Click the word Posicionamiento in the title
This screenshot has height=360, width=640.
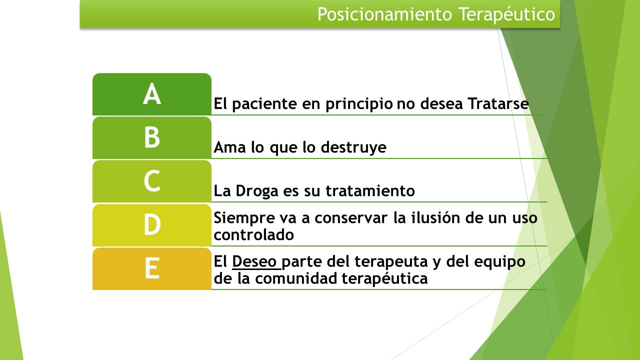[x=385, y=14]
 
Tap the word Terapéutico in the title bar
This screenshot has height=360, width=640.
[x=507, y=15]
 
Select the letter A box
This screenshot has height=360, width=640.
[x=152, y=94]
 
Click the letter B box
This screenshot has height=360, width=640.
[x=152, y=137]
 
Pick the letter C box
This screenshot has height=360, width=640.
[x=152, y=181]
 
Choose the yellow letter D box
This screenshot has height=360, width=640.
[x=152, y=225]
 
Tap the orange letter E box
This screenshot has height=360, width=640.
[x=152, y=269]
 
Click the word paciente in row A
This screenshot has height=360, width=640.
[x=264, y=104]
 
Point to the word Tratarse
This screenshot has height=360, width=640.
[x=498, y=103]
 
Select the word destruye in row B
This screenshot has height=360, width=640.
[x=353, y=147]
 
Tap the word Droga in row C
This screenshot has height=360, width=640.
[x=257, y=191]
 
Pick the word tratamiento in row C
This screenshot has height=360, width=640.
[x=370, y=190]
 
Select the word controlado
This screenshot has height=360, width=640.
[x=253, y=234]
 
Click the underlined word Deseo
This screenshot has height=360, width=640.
[x=254, y=261]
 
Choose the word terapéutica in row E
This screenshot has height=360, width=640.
[x=385, y=278]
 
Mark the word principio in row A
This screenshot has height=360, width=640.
[x=359, y=104]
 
